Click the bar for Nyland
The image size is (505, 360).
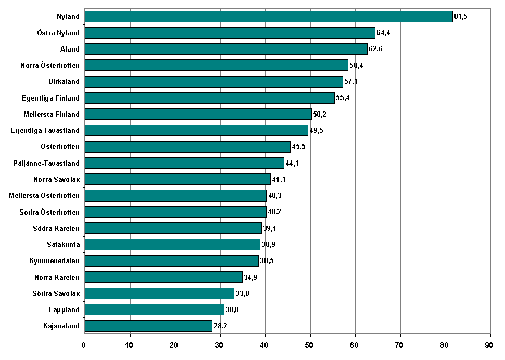[268, 17]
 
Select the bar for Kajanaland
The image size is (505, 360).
[148, 326]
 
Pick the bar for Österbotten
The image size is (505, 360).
[187, 147]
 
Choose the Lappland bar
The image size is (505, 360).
[154, 310]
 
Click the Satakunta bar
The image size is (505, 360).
[172, 244]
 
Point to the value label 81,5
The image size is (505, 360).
[461, 17]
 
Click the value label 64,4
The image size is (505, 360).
[383, 33]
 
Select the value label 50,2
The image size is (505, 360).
[320, 114]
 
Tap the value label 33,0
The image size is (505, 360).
[242, 293]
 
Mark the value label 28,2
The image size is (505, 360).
[220, 326]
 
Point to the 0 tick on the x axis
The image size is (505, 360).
[84, 345]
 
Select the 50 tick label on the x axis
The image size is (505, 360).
[310, 345]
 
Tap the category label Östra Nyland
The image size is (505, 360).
[58, 33]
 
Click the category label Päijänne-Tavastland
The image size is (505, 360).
[46, 163]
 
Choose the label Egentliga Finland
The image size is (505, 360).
[51, 98]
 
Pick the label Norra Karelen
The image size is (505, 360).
[57, 277]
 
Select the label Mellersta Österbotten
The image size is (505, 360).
[44, 195]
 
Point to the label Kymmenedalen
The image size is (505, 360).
[54, 260]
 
